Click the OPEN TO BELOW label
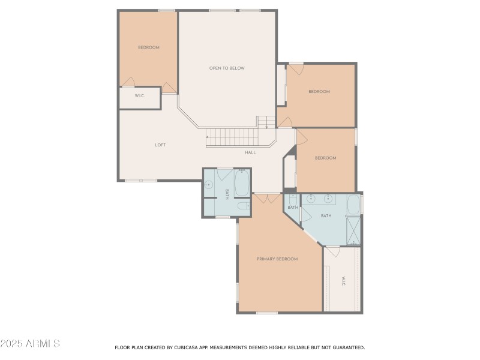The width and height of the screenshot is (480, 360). pyautogui.click(x=227, y=68)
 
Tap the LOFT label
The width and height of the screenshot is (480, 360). pyautogui.click(x=160, y=145)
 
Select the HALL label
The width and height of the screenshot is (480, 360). pyautogui.click(x=250, y=152)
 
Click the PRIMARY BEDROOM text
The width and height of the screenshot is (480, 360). pyautogui.click(x=277, y=259)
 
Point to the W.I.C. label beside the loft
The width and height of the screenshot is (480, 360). pyautogui.click(x=139, y=96)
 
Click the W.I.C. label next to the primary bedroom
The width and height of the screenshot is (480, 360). pyautogui.click(x=343, y=281)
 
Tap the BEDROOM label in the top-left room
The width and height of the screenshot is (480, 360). pyautogui.click(x=148, y=47)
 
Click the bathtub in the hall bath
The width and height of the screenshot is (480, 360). pyautogui.click(x=242, y=183)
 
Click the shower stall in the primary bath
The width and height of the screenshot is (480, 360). pyautogui.click(x=354, y=230)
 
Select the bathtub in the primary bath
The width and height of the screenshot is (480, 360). pyautogui.click(x=353, y=205)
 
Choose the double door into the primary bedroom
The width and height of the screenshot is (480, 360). pyautogui.click(x=267, y=197)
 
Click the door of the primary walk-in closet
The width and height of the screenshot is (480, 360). pyautogui.click(x=332, y=251)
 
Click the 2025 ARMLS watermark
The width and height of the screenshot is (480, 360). pyautogui.click(x=30, y=344)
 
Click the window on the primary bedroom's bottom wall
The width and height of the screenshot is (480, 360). pyautogui.click(x=267, y=313)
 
